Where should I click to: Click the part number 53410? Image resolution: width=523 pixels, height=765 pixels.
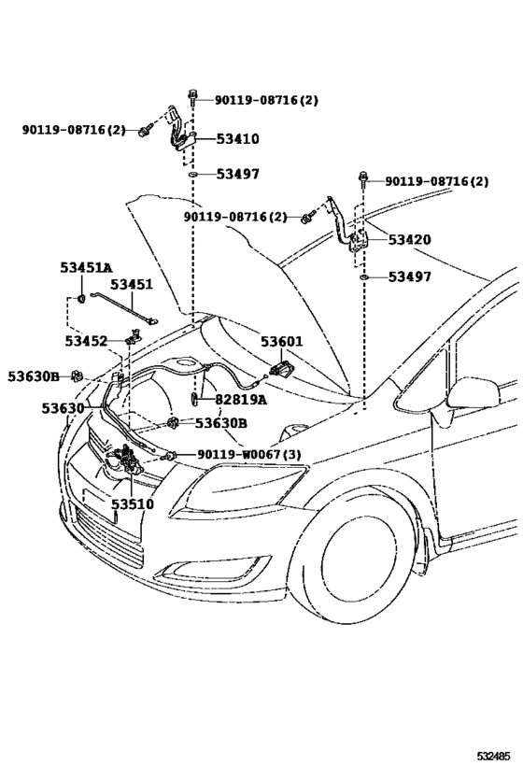coord(237,139)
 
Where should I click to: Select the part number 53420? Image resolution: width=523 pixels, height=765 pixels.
coord(409,240)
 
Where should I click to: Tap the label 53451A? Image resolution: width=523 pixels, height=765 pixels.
coord(86,268)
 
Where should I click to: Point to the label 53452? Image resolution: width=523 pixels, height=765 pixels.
coord(86,341)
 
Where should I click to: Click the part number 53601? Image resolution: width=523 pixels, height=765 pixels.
coord(281,342)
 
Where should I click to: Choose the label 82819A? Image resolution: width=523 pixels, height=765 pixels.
coord(240,400)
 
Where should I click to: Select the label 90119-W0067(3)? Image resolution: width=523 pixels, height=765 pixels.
coord(248,455)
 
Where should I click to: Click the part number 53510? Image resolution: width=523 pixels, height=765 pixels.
coord(133,503)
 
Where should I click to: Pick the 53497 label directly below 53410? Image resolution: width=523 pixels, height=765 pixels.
coord(237,174)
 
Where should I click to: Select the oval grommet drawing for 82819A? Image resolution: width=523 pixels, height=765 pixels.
coord(192,400)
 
